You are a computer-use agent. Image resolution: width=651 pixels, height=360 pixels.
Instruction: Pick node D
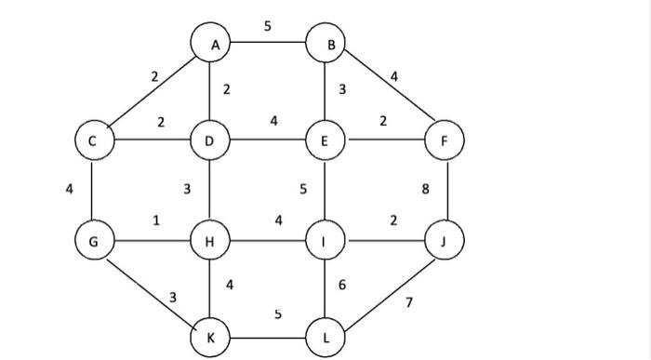210,141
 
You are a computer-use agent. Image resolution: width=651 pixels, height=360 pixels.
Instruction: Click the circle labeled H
210,242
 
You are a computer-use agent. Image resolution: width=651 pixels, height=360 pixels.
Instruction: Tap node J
444,242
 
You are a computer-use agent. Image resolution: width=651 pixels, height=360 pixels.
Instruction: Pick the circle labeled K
210,338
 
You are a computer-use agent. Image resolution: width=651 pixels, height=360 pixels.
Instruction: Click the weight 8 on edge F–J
425,190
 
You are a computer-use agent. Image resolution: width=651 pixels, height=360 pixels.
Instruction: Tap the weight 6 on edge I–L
342,285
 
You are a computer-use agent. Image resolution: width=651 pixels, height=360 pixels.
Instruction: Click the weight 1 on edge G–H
156,220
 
